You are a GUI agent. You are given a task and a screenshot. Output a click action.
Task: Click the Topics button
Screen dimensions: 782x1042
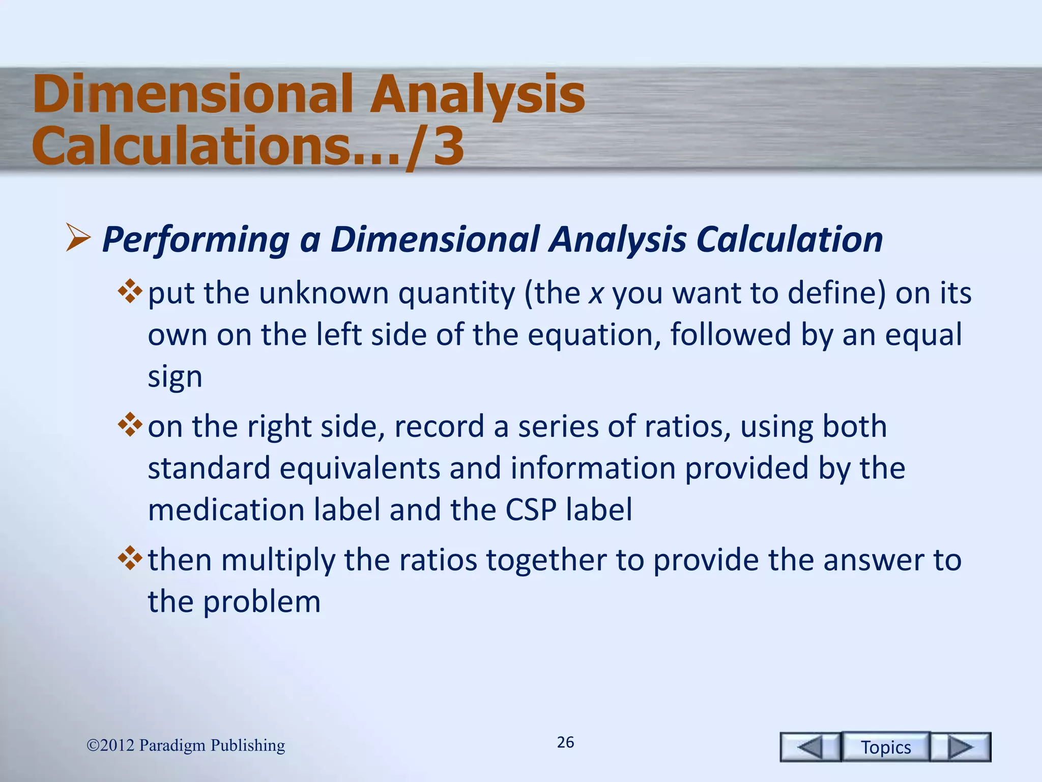(x=885, y=747)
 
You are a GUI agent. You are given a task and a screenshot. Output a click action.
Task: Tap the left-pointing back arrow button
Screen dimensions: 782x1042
(x=810, y=747)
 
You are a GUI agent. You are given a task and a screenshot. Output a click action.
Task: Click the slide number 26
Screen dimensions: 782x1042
(x=565, y=742)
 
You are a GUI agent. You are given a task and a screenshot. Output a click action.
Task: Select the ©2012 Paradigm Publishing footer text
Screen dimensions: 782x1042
(x=186, y=745)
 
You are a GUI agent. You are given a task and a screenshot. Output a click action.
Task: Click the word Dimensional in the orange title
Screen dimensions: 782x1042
(x=193, y=94)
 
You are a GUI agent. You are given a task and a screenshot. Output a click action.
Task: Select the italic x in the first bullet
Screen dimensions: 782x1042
(x=596, y=294)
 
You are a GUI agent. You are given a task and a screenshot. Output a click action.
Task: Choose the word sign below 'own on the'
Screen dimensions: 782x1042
(x=175, y=378)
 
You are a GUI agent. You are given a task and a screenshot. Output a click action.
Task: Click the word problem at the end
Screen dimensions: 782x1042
(x=262, y=602)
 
